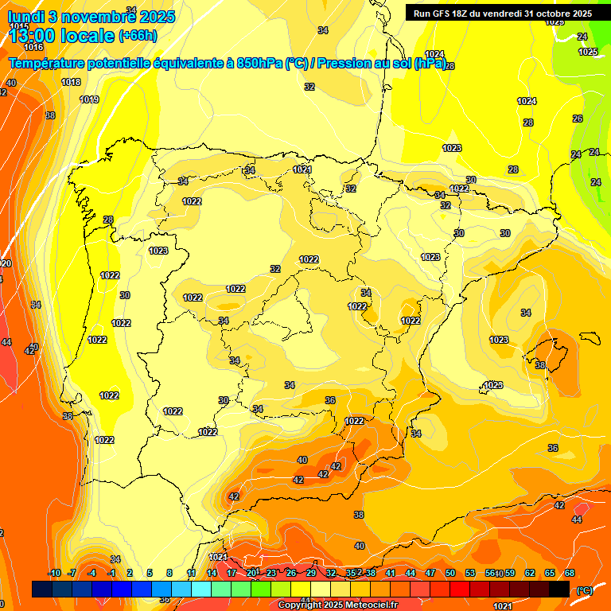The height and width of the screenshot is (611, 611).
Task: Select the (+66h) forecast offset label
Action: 138,36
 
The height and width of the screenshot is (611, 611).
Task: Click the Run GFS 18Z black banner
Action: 502,14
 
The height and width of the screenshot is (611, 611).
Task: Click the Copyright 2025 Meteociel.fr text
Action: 337,605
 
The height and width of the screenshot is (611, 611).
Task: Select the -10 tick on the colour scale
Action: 54,573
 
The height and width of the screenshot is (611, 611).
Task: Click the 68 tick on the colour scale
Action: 570,573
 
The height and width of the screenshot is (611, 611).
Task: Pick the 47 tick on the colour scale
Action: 430,573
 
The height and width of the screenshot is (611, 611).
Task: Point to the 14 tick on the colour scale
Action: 212,573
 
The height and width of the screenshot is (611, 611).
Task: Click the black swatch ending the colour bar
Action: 559,589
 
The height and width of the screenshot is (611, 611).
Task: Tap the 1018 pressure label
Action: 71,82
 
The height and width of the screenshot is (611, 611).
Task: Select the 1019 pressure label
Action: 89,99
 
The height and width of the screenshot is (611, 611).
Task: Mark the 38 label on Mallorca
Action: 540,365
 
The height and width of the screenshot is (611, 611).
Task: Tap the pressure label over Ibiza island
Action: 493,385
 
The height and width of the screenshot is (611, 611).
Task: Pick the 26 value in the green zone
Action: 577,119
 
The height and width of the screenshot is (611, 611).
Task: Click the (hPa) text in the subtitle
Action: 430,63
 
